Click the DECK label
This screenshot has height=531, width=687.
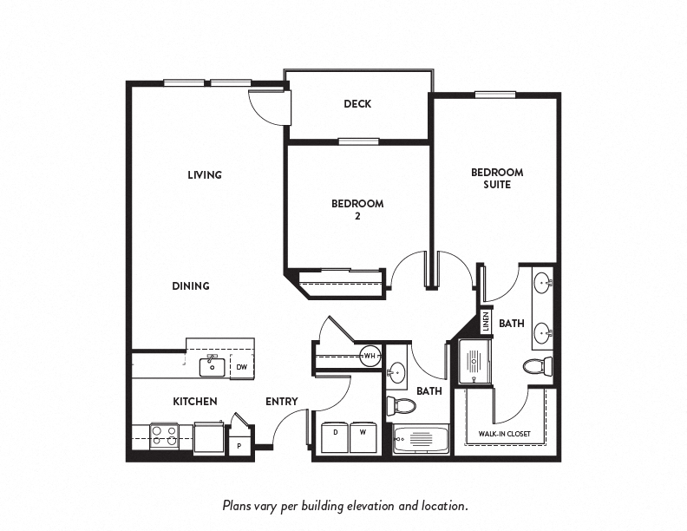357,104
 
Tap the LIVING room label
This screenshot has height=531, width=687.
205,174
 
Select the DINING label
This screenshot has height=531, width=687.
191,285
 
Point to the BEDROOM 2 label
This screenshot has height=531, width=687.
357,210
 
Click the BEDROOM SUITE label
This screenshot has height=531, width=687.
497,178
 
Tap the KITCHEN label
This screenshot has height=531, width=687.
194,401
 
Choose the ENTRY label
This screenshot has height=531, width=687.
282,401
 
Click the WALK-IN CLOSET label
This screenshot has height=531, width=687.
505,434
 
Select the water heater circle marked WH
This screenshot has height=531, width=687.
370,356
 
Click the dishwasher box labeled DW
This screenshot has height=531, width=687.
242,367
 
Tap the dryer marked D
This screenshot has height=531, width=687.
334,436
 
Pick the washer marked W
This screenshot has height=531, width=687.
362,436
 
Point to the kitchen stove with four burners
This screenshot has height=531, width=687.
164,436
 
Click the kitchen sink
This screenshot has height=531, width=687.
213,366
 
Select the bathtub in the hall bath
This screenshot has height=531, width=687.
421,440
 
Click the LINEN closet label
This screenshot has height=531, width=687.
486,322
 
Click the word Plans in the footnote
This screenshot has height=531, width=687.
239,504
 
